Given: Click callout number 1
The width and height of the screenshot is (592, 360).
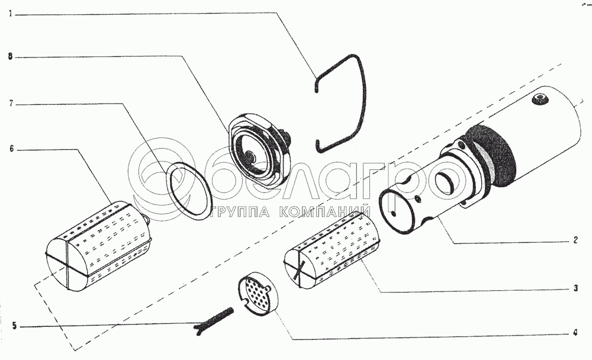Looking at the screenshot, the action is pyautogui.click(x=11, y=14).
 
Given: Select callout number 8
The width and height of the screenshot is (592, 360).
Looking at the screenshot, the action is pyautogui.click(x=11, y=57).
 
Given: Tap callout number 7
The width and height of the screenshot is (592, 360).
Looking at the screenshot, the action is pyautogui.click(x=11, y=103).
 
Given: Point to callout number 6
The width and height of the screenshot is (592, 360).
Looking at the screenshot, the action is pyautogui.click(x=11, y=149).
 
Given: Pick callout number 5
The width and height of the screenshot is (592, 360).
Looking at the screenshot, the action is pyautogui.click(x=14, y=326).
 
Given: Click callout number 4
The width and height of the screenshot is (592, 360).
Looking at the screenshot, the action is pyautogui.click(x=575, y=333).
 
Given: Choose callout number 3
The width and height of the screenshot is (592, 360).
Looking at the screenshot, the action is pyautogui.click(x=575, y=288).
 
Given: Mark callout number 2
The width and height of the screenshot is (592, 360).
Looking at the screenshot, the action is pyautogui.click(x=575, y=240).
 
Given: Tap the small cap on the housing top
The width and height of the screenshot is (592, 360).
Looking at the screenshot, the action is pyautogui.click(x=539, y=99).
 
